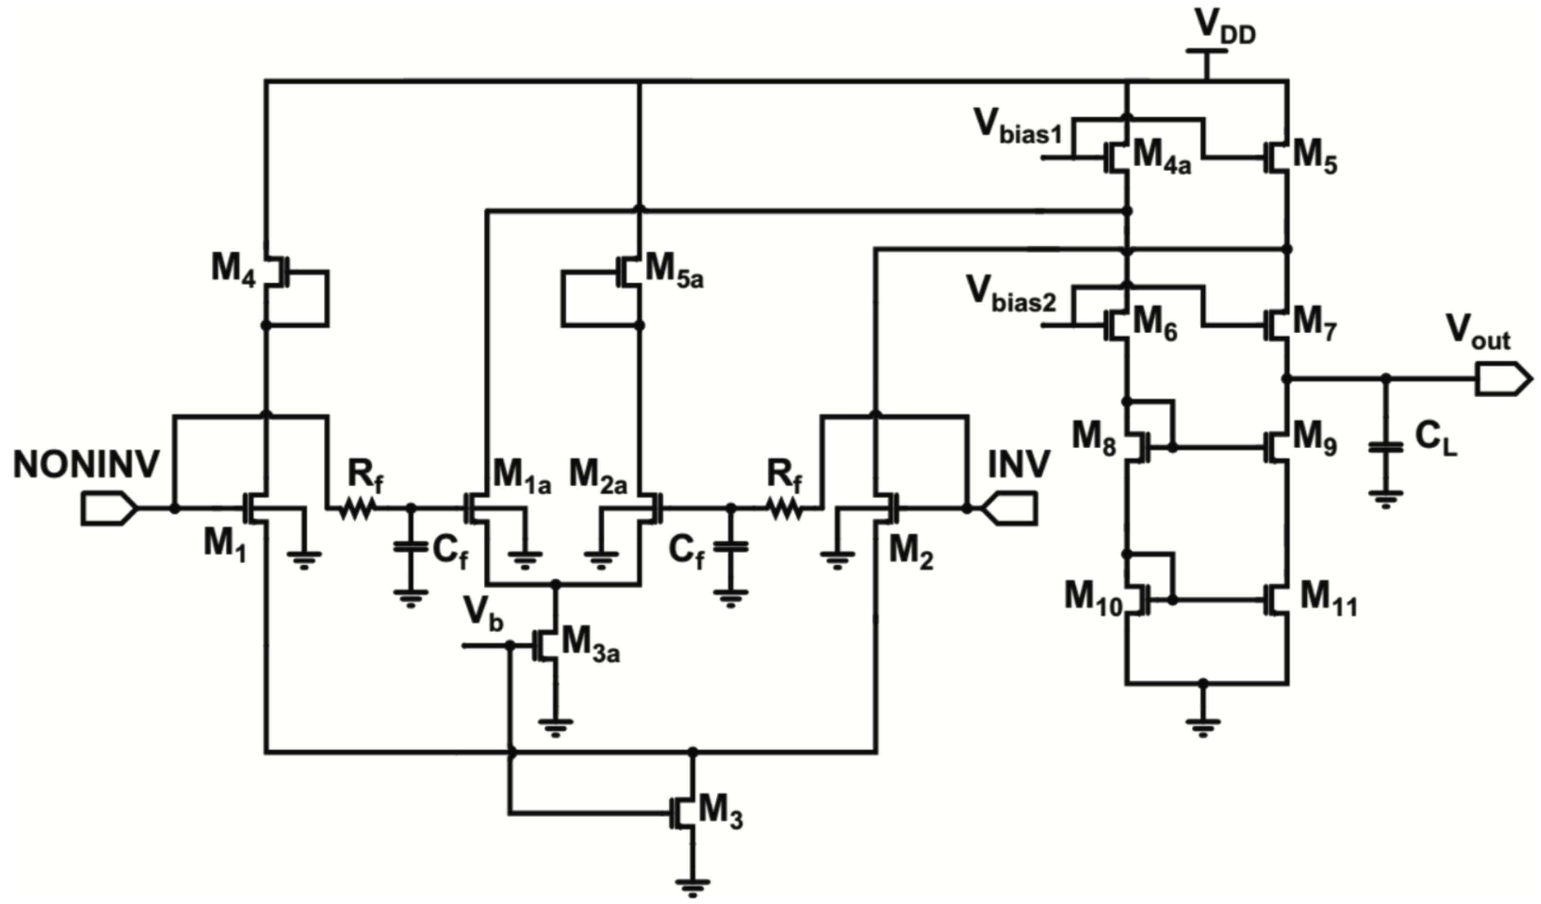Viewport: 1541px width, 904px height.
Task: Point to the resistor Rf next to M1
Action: point(357,508)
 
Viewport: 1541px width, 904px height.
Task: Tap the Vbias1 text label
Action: point(1018,128)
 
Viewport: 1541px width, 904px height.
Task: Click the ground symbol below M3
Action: point(693,885)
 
